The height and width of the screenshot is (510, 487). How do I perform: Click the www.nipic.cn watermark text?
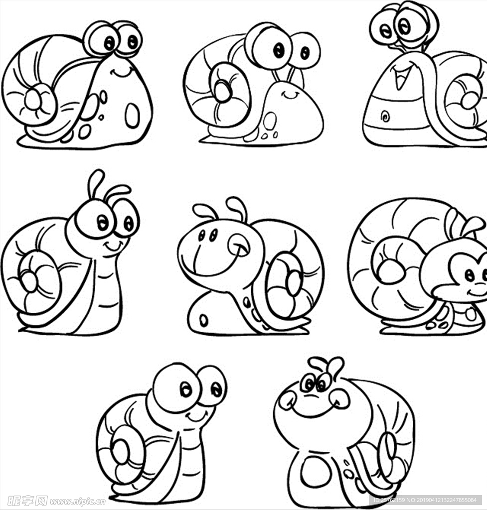77,501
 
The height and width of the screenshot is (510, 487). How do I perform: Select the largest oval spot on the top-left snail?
132,115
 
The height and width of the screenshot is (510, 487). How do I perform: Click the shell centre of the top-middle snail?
222,91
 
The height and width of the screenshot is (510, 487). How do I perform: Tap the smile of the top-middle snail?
289,95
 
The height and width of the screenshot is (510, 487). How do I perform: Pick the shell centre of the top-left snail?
33,100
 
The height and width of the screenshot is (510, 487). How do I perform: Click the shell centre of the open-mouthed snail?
469,100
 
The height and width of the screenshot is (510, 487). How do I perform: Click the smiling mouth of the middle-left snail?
114,245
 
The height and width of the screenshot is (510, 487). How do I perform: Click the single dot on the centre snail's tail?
204,320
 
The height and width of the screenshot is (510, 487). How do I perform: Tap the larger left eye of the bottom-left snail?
177,387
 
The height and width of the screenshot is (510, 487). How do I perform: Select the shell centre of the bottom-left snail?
121,451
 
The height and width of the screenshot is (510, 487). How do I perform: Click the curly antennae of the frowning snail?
326,366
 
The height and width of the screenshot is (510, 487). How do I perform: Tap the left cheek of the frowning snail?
287,400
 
